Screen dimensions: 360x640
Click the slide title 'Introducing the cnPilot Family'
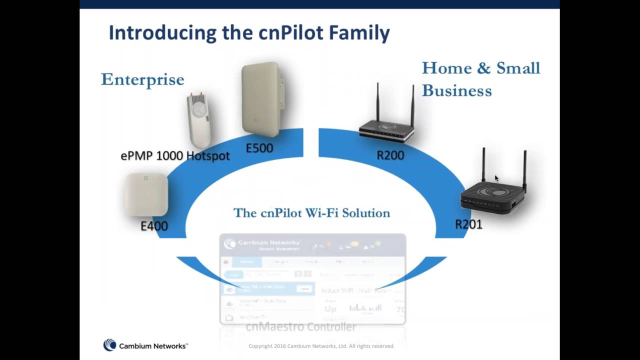(249, 33)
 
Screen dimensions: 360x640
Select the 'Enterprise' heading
(142, 79)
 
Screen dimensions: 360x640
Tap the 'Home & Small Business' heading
(480, 79)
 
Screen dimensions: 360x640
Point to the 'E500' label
(259, 148)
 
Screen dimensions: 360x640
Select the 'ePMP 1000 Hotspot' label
(175, 155)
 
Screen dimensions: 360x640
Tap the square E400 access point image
(145, 194)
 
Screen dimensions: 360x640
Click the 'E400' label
(154, 226)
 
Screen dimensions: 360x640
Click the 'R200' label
(390, 155)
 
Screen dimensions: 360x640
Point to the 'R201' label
(468, 224)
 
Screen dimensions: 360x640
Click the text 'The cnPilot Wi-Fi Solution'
(311, 213)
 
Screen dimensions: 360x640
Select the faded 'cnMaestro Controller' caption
(301, 327)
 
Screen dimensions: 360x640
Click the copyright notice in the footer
(321, 346)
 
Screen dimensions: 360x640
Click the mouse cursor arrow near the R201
(496, 177)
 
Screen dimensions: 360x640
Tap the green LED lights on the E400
(145, 178)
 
